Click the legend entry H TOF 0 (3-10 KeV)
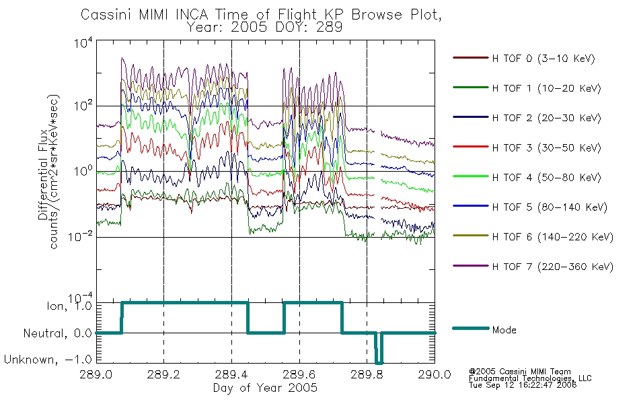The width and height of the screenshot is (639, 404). click(524, 59)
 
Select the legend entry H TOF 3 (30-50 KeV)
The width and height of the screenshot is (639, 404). click(527, 147)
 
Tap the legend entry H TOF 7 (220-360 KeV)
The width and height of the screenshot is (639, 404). click(533, 267)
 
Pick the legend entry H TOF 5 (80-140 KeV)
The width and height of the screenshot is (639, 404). click(530, 207)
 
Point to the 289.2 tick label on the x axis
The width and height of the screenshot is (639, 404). click(164, 374)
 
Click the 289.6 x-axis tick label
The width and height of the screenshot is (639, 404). click(299, 374)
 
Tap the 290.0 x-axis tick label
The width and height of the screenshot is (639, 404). click(435, 374)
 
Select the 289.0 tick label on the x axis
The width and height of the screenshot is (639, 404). click(96, 374)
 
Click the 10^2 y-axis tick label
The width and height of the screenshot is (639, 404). click(83, 105)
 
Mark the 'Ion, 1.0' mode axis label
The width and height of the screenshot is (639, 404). click(69, 306)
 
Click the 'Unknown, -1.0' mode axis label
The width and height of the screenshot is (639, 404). click(48, 360)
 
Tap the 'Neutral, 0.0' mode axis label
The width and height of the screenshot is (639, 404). click(58, 333)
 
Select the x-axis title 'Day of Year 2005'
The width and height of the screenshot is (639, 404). click(265, 388)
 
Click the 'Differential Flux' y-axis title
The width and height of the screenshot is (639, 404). click(43, 174)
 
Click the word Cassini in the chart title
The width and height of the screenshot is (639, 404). click(106, 15)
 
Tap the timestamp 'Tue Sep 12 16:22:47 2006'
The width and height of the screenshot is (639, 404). click(523, 385)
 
